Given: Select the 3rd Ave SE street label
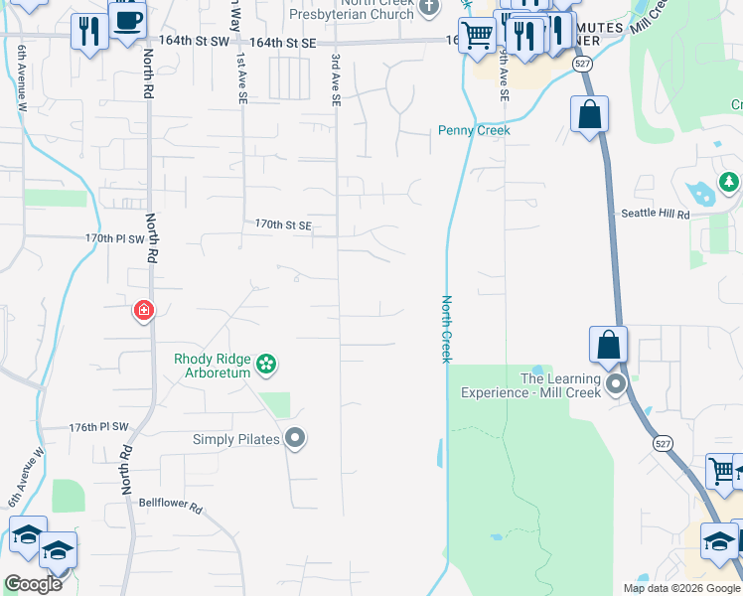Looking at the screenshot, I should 336,81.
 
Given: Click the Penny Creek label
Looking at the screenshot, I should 475,130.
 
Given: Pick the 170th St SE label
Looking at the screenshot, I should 284,225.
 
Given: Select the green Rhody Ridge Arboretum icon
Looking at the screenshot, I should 265,366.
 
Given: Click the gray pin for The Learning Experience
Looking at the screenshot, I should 616,384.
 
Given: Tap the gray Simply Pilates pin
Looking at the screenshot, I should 294,437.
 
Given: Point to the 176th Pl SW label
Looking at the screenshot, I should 99,427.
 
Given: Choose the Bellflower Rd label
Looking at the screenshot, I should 170,507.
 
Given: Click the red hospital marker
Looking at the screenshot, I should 144,311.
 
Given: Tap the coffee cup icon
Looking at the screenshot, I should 127,21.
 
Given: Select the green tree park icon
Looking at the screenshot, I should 729,182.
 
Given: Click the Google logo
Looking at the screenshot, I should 33,584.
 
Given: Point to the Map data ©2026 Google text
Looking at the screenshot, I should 680,588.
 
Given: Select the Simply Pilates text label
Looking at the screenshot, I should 235,439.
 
